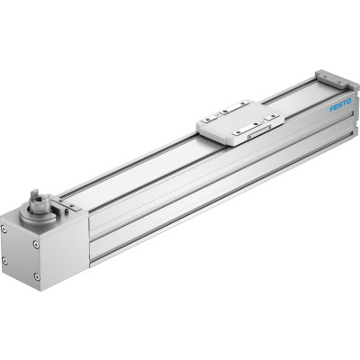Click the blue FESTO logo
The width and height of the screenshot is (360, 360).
[x=340, y=105]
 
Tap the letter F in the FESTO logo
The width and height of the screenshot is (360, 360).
[x=332, y=109]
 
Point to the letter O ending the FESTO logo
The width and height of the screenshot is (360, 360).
[x=348, y=102]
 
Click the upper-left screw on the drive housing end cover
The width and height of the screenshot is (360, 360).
[x=4, y=229]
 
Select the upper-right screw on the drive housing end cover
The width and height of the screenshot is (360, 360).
[x=36, y=245]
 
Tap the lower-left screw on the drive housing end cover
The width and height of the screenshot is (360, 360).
[x=4, y=260]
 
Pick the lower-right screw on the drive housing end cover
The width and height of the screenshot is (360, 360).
[x=36, y=276]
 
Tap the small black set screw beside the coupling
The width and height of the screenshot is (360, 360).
[x=66, y=211]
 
